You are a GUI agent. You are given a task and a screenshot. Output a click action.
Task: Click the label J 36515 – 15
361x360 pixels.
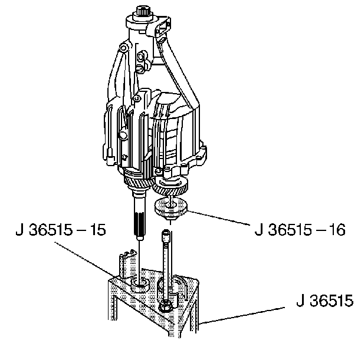[x=61, y=230]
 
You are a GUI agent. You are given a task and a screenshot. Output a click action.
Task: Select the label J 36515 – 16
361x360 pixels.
[x=300, y=230]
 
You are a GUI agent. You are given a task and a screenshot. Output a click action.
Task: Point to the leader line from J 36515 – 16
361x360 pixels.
[x=219, y=217]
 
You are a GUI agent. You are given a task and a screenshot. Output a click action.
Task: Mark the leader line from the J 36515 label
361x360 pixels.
[x=241, y=315]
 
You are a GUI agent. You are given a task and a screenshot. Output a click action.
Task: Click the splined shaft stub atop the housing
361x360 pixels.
[x=143, y=11]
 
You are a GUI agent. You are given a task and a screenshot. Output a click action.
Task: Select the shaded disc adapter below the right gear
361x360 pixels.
[x=170, y=208]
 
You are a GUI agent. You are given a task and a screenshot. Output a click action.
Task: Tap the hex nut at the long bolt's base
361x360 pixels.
[x=165, y=306]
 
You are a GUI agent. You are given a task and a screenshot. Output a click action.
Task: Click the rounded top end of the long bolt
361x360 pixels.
[x=166, y=232]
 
